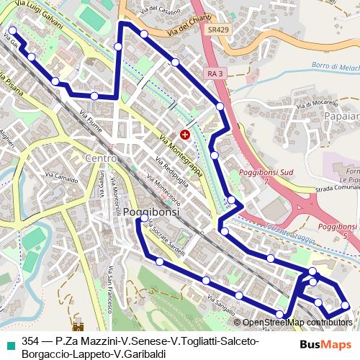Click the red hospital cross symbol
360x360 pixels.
[x=186, y=134]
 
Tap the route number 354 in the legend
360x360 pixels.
[x=31, y=341]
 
